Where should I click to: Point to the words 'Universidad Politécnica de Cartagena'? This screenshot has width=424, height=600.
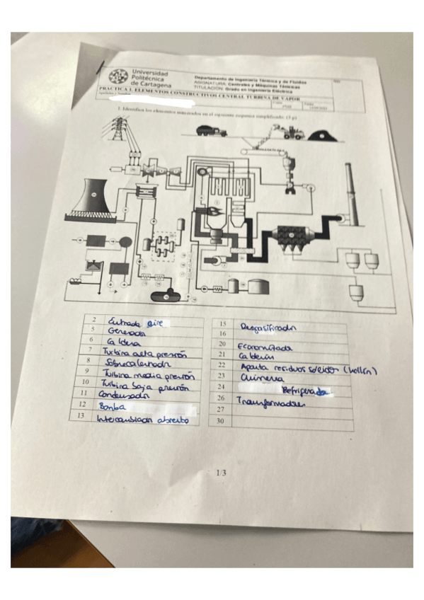150,79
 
